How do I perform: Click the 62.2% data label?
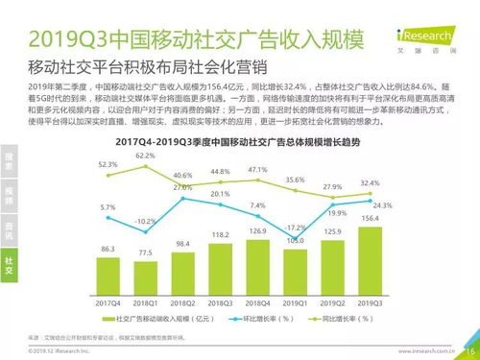point(145,155)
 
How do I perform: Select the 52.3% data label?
point(108,165)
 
